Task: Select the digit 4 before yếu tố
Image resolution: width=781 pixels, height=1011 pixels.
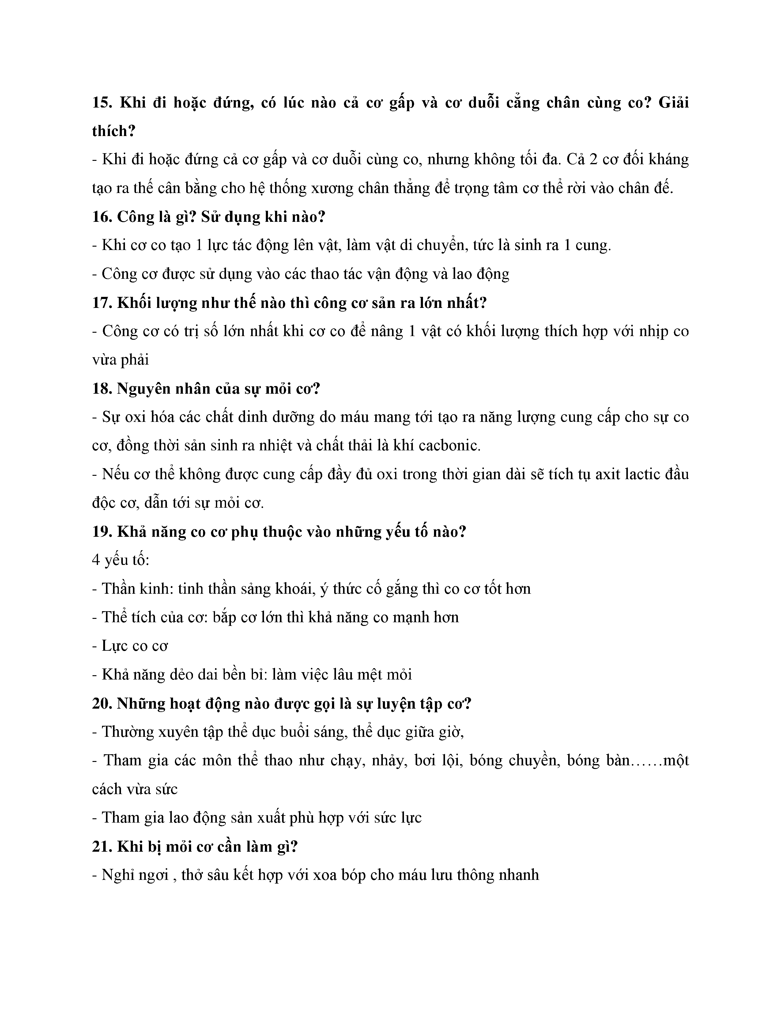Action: coord(96,560)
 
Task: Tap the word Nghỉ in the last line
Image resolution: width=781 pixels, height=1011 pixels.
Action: coord(119,875)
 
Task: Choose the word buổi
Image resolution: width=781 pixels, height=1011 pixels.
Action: coord(298,732)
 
